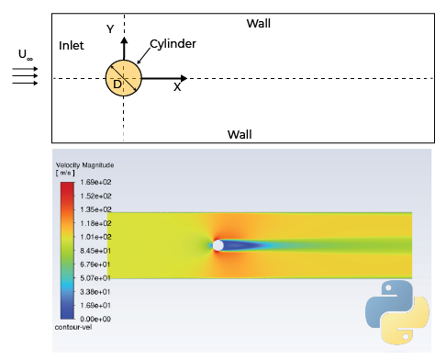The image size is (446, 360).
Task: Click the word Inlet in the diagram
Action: tap(72, 45)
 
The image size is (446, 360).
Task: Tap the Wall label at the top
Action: tap(259, 22)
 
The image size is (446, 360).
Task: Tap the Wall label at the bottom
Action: tap(240, 135)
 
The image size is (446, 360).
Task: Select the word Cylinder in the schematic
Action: tap(173, 43)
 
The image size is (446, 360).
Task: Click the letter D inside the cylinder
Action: tap(117, 84)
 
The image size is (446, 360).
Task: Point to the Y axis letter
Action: tap(110, 28)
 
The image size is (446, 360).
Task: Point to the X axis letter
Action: tap(177, 87)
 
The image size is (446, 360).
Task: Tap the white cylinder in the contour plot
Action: tap(217, 245)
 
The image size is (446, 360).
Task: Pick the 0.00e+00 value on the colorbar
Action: tap(95, 318)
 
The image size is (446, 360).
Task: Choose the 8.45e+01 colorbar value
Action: tap(95, 250)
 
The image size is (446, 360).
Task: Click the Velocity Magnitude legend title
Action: tap(82, 165)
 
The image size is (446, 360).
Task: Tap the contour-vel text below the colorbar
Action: tap(74, 327)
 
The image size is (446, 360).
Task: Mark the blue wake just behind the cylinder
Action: tap(240, 245)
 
